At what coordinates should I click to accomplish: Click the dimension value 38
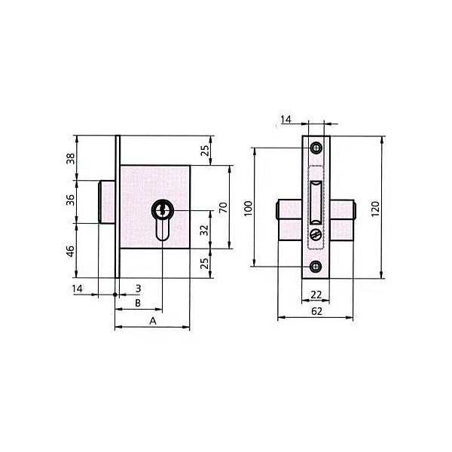71,158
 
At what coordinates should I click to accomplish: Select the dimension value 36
71,200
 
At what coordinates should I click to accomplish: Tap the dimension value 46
71,252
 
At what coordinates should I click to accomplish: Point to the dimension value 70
224,208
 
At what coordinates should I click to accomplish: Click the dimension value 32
204,230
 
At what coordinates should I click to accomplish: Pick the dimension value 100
248,208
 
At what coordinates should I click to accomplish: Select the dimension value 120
375,209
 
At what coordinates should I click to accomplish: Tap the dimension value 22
316,295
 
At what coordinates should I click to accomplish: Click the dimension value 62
316,311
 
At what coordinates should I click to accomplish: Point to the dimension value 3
138,289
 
